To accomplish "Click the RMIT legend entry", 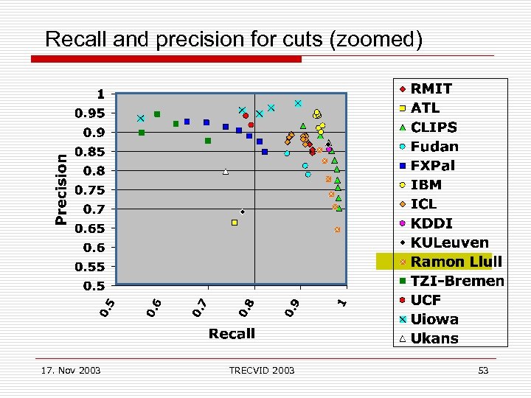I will pos(431,88).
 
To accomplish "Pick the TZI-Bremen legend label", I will pos(457,281).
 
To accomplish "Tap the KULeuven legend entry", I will pos(449,242).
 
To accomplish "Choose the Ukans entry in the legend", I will pos(434,339).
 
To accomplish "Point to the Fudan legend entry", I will pos(434,147).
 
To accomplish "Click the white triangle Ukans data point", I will pos(226,172).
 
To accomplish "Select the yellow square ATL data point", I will pos(235,223).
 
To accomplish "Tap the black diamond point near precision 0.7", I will pos(243,212).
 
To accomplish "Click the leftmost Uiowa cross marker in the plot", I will pos(140,119).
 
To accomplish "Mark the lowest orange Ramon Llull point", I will pos(337,230).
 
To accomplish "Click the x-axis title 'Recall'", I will pos(232,334).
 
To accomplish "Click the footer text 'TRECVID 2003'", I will pos(261,370).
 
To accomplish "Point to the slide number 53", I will pos(483,370).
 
